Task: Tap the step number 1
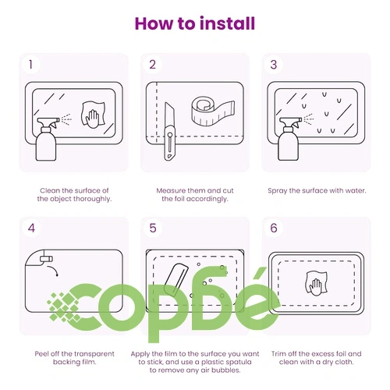[30, 65]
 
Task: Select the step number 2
[152, 65]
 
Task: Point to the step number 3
[274, 65]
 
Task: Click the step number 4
[31, 228]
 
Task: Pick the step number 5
[153, 228]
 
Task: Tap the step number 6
[274, 228]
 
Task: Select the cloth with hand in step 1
[94, 115]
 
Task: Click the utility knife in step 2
[169, 131]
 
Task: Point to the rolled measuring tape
[213, 112]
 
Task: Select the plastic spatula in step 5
[175, 279]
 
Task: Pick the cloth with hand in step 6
[316, 283]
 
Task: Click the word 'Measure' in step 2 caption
[171, 190]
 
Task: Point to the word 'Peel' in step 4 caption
[41, 353]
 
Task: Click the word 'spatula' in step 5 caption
[239, 362]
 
